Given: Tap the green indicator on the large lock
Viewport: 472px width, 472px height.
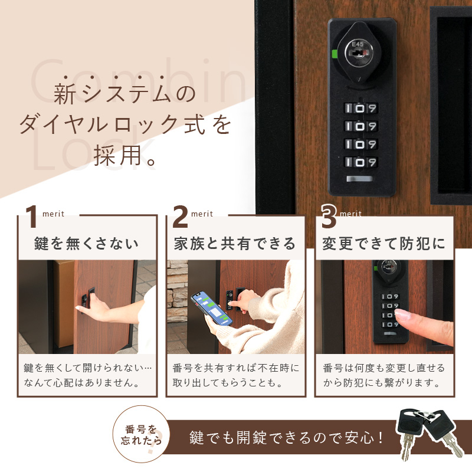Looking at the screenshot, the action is tap(334, 54).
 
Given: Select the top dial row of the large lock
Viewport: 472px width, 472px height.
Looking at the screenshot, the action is tap(360, 109).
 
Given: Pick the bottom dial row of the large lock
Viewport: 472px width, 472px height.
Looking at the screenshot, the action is tap(360, 162).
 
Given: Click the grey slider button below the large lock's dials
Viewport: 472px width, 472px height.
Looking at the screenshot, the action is tap(359, 179).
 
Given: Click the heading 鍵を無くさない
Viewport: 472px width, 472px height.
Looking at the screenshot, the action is tap(86, 243).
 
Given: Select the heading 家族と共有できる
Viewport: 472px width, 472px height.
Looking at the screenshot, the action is tap(235, 243).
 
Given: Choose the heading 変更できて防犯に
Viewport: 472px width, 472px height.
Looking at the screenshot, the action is tap(383, 243).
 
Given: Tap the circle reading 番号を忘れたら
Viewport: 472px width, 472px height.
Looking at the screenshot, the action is tap(141, 434).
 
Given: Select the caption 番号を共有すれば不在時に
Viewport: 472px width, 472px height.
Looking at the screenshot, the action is tap(236, 368).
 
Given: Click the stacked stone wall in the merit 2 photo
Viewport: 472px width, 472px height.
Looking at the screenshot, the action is tap(178, 291).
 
